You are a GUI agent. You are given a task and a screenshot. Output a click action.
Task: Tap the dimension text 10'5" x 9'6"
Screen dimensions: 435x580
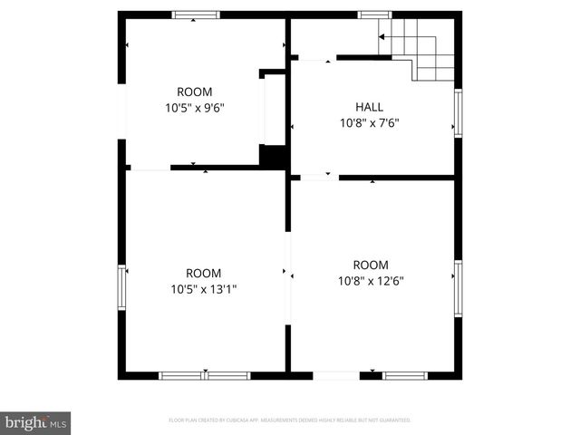pyautogui.click(x=194, y=107)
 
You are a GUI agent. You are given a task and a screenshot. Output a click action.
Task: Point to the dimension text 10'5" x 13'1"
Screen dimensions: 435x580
pyautogui.click(x=203, y=289)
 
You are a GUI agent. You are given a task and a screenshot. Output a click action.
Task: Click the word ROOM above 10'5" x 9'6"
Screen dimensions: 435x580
pyautogui.click(x=194, y=92)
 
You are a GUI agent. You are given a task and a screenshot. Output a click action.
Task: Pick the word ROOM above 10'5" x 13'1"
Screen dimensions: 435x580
pyautogui.click(x=203, y=274)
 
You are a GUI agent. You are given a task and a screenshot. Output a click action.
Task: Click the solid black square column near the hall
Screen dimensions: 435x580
pyautogui.click(x=272, y=155)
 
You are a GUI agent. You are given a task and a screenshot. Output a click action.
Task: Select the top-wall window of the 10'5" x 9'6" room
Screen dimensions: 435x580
pyautogui.click(x=196, y=14)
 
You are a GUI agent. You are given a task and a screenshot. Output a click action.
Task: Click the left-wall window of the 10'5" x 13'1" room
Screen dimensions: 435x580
pyautogui.click(x=121, y=287)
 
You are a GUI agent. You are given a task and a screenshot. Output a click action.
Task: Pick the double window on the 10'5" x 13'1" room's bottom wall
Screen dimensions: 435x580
pyautogui.click(x=205, y=375)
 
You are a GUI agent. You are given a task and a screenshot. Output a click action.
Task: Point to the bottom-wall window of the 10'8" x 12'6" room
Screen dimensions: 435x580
pyautogui.click(x=404, y=375)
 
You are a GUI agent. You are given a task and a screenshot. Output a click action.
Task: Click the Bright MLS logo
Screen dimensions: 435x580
pyautogui.click(x=36, y=421)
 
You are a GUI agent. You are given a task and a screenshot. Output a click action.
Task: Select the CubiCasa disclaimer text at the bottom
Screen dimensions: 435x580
pyautogui.click(x=290, y=420)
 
